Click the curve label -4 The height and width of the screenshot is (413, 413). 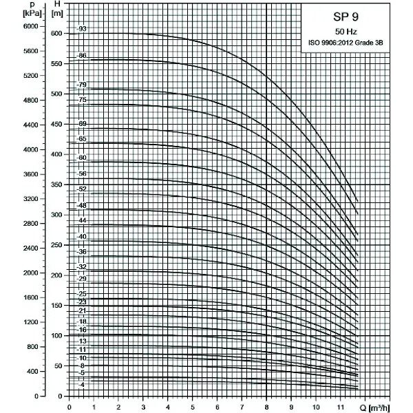click(82, 384)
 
